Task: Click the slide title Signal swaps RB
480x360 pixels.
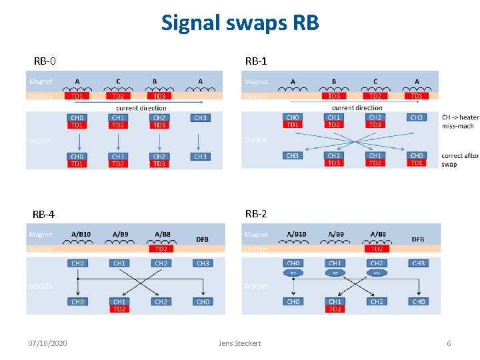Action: coord(240,23)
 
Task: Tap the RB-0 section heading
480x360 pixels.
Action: coord(45,61)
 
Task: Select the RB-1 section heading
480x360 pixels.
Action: coord(256,61)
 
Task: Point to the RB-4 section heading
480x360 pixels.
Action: coord(44,215)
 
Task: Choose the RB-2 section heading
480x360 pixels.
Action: coord(256,214)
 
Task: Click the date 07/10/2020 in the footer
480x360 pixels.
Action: coord(47,343)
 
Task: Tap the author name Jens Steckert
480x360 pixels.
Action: coord(240,343)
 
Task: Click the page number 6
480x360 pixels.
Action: coord(449,343)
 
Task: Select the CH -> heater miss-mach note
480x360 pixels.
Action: coord(460,121)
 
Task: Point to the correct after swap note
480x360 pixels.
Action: coord(460,159)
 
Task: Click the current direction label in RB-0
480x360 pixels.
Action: coord(141,107)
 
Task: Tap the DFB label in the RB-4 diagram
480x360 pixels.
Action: coord(202,239)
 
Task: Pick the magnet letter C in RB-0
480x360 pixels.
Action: coord(118,81)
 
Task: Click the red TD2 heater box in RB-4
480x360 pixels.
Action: coord(161,249)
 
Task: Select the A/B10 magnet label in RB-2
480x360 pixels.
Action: coord(296,234)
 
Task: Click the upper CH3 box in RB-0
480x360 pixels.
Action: coord(200,118)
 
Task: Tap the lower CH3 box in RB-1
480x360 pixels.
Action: coord(292,156)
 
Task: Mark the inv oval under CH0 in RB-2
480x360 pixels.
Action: coord(293,273)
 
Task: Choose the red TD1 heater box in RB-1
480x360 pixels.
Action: coord(416,96)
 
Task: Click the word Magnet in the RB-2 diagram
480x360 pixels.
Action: coord(256,234)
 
